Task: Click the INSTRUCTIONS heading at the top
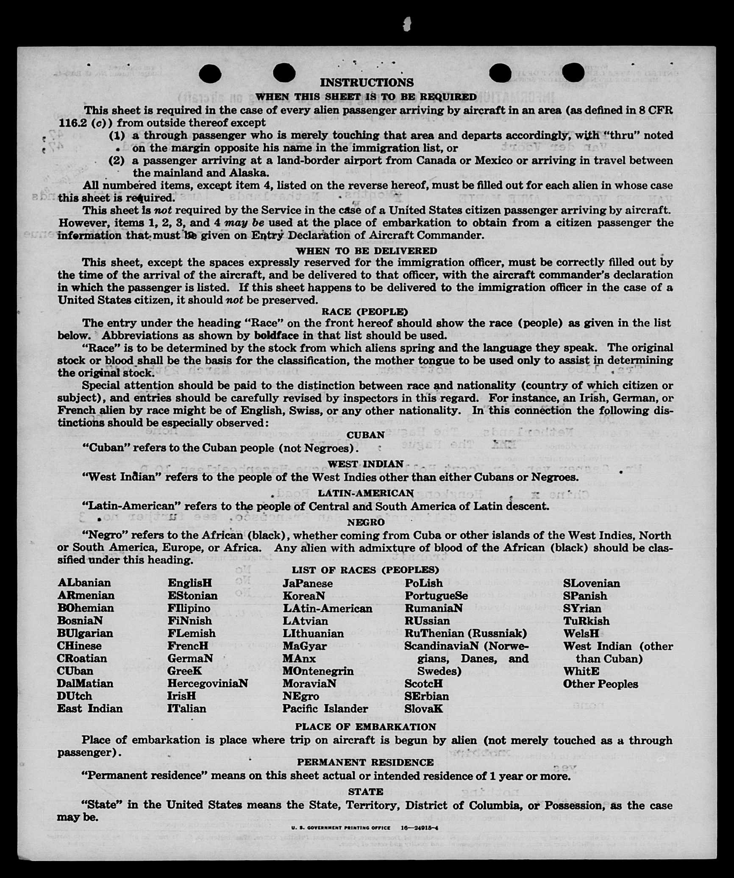[x=367, y=82]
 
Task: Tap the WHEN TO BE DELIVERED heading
[x=366, y=251]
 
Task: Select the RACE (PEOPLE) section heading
[x=365, y=312]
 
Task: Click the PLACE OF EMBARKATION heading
[x=365, y=726]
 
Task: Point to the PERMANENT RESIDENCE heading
[x=365, y=762]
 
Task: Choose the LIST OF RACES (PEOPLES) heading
[x=365, y=570]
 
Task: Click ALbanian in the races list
[x=84, y=583]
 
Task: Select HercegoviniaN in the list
[x=207, y=683]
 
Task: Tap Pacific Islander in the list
[x=325, y=708]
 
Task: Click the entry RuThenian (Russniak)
[x=465, y=633]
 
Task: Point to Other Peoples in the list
[x=600, y=684]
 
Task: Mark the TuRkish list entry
[x=586, y=621]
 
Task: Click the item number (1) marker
[x=117, y=136]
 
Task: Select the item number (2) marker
[x=117, y=161]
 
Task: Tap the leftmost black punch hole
[x=210, y=74]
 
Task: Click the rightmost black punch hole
[x=574, y=72]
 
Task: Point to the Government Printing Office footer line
[x=364, y=828]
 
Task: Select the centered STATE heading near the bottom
[x=365, y=792]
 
